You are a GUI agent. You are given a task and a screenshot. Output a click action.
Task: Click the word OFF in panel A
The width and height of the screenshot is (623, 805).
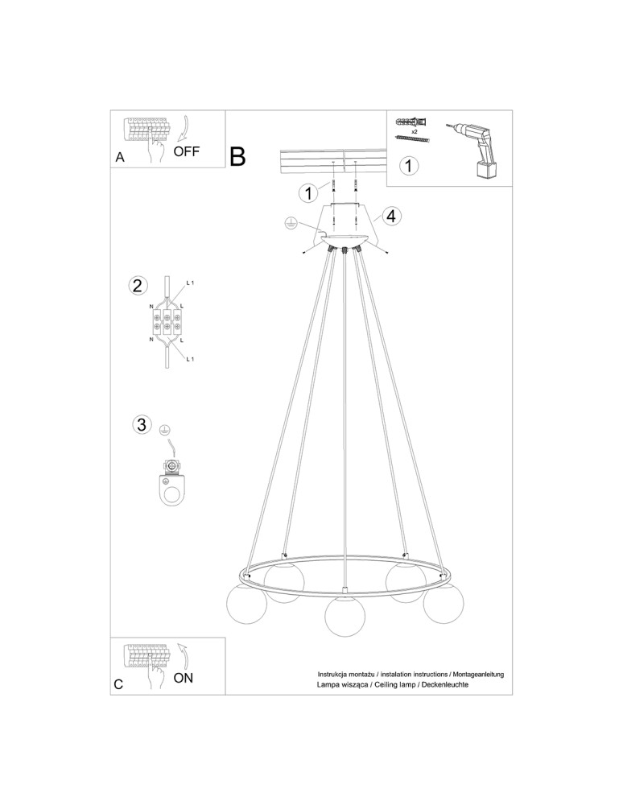click(x=186, y=151)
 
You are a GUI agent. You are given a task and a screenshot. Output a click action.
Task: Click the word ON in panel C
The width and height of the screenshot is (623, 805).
click(x=184, y=678)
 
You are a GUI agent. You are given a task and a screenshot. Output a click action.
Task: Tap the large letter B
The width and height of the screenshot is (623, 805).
click(x=237, y=156)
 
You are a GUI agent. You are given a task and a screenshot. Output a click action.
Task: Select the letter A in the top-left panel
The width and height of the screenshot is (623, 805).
click(x=120, y=157)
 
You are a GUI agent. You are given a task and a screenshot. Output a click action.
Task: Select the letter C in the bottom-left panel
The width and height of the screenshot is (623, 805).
click(x=118, y=684)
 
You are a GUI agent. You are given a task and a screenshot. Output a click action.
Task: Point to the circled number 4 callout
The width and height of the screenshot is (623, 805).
click(x=391, y=216)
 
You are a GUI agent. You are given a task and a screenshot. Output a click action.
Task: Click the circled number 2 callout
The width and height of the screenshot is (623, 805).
click(x=137, y=286)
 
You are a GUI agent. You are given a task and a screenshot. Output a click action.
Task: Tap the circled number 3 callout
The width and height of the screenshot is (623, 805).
click(x=142, y=424)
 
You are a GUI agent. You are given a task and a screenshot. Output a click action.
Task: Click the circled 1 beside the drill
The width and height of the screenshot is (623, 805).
click(x=408, y=166)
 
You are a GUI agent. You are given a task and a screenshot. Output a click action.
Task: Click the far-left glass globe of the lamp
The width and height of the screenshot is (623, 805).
click(x=246, y=604)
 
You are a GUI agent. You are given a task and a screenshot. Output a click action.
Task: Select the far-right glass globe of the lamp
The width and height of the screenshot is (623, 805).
click(x=443, y=603)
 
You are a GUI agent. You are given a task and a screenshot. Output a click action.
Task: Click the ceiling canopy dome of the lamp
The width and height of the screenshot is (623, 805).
click(x=345, y=239)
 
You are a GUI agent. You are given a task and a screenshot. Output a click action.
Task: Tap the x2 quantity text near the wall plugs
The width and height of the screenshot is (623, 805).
click(x=414, y=131)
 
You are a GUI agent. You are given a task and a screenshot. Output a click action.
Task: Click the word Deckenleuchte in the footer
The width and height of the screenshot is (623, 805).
click(x=445, y=684)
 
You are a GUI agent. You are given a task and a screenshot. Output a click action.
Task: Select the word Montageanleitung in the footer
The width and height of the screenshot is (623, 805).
click(x=478, y=674)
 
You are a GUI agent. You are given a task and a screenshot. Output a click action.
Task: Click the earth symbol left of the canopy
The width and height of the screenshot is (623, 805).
click(x=290, y=222)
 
